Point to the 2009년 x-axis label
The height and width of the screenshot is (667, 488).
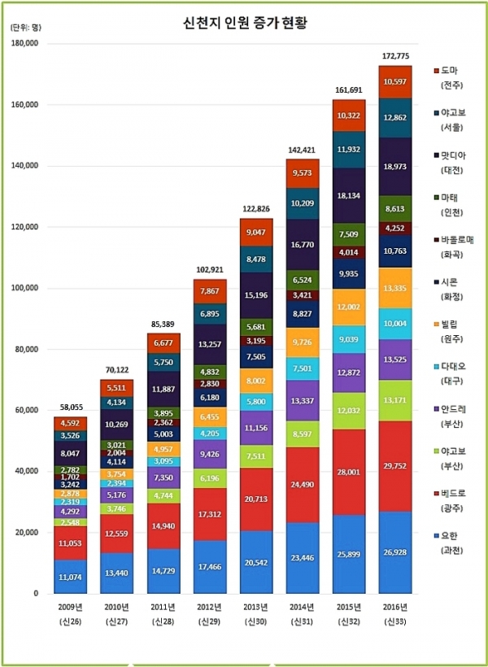pyautogui.click(x=70, y=607)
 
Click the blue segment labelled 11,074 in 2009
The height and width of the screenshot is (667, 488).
pyautogui.click(x=70, y=577)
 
